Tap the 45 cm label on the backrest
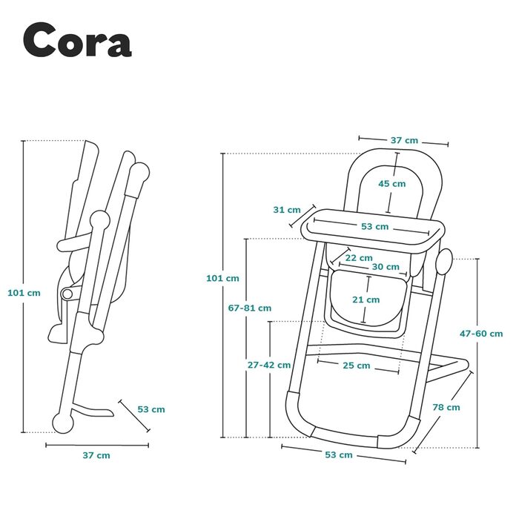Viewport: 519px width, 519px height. coord(391,184)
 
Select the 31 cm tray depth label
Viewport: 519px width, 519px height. coord(287,210)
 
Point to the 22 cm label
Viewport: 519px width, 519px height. coord(359,257)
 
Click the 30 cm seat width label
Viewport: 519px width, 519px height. coord(386,267)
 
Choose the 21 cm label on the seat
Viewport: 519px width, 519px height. coord(366,300)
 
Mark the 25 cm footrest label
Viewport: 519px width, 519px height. coord(356,366)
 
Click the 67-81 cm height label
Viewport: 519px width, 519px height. coord(249,308)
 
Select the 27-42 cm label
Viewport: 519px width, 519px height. coord(268,365)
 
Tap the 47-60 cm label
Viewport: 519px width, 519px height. coord(480,334)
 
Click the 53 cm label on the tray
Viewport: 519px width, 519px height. coord(374,226)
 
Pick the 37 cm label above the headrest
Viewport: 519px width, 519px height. coord(404,140)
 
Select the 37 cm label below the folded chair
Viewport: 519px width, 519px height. coord(96,455)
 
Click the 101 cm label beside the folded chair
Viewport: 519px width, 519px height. coord(24,292)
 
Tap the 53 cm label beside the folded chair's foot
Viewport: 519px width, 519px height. coord(151,409)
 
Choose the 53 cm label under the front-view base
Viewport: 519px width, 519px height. coord(340,454)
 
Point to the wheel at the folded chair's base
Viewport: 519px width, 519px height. coord(65,422)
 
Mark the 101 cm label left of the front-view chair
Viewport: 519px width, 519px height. coord(222,278)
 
